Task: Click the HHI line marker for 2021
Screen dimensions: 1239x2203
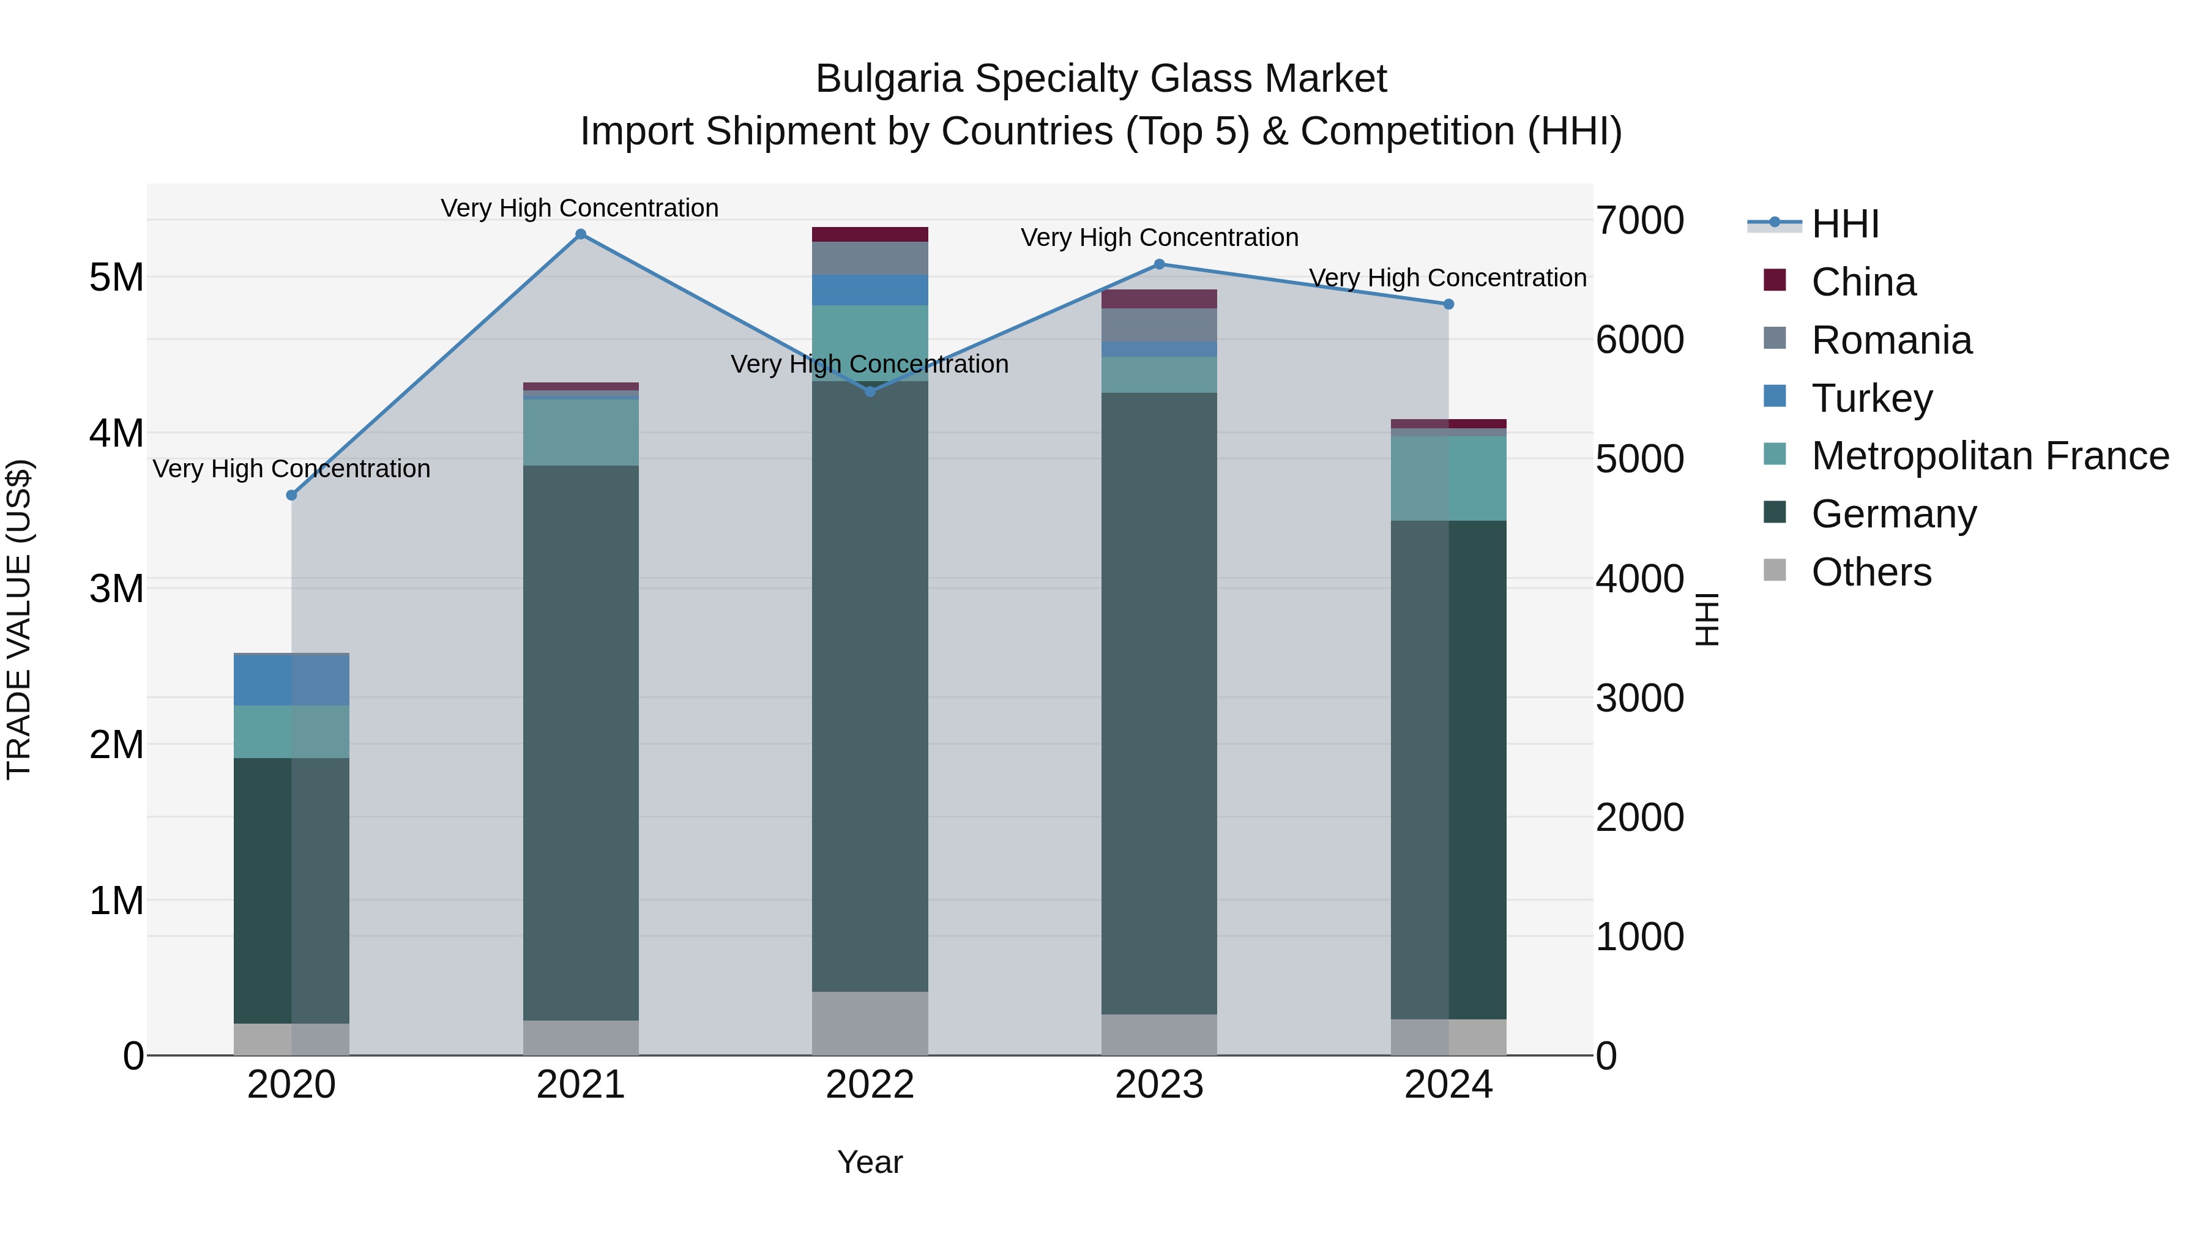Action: [x=581, y=234]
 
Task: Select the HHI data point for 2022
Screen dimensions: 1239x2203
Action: [x=870, y=392]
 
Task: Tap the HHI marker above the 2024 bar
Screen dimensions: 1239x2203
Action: [x=1448, y=305]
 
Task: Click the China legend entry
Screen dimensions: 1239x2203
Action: [x=1863, y=282]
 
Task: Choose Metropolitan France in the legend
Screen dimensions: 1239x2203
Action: [x=1989, y=456]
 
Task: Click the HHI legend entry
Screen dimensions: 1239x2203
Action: [x=1844, y=224]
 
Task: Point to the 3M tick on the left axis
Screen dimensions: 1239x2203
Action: [x=116, y=588]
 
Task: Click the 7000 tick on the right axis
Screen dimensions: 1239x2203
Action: [x=1639, y=221]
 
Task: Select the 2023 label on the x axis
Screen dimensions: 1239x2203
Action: [x=1159, y=1085]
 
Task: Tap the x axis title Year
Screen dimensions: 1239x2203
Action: [x=870, y=1162]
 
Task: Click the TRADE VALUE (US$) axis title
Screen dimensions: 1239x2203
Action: [x=20, y=619]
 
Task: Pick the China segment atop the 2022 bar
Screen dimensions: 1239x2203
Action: [x=870, y=234]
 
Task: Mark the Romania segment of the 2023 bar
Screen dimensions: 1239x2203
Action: [x=1159, y=325]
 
